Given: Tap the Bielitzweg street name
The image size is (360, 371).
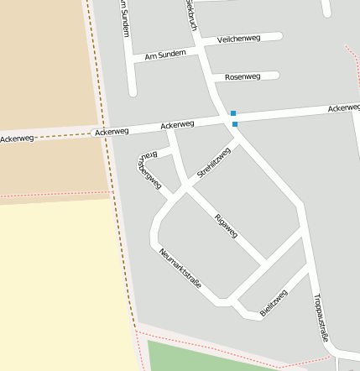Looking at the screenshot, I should click(x=274, y=302).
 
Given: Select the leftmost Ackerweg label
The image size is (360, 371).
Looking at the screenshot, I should click(x=17, y=138).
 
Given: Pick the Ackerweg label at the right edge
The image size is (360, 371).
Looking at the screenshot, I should click(x=344, y=108).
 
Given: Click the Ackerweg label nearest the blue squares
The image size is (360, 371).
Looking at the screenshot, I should click(x=177, y=124).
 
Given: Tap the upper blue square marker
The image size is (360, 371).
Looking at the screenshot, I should click(x=233, y=113).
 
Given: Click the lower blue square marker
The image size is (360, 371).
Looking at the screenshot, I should click(x=235, y=124).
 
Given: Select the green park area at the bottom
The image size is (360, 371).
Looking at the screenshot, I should click(x=201, y=357).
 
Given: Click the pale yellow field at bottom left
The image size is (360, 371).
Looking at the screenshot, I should click(x=59, y=285).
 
